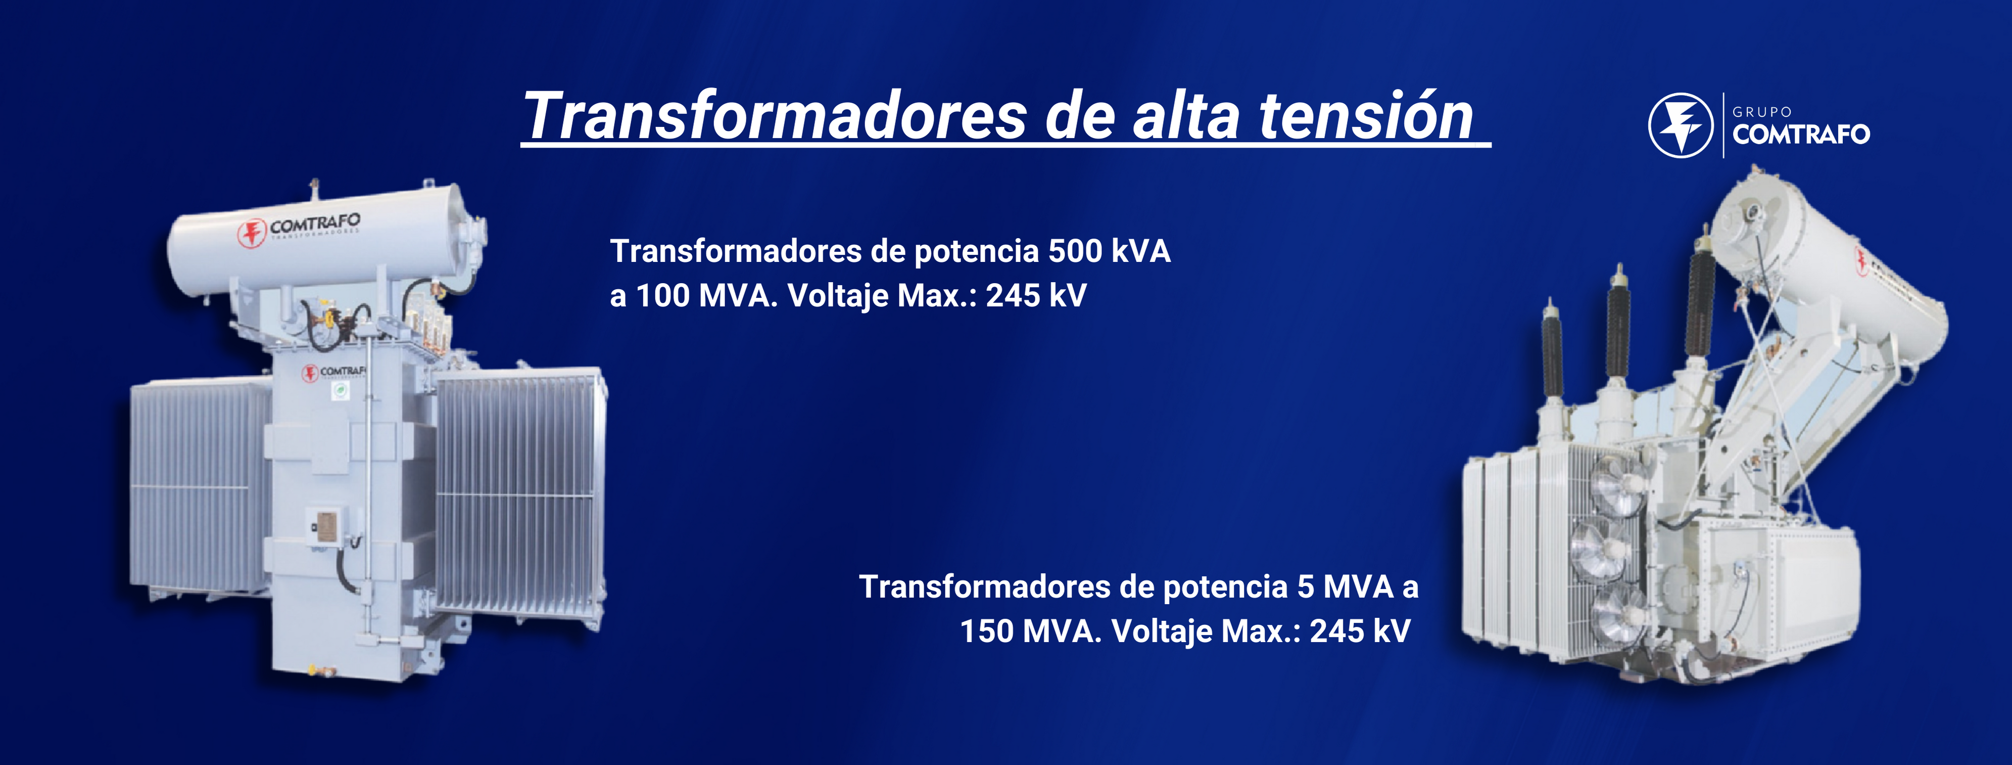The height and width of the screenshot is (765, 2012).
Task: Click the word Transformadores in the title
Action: point(775,116)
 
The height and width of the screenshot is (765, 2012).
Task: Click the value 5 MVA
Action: point(1345,587)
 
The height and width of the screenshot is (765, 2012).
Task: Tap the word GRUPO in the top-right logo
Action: point(1762,112)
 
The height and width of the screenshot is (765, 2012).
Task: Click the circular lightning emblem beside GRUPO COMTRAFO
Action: point(1681,125)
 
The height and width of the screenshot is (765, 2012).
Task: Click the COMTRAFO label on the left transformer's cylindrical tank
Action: point(315,224)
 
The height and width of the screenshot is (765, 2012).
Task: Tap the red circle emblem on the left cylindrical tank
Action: point(252,234)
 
